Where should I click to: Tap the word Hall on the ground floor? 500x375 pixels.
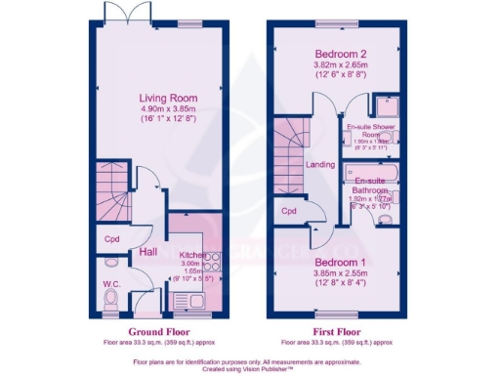coord(148,253)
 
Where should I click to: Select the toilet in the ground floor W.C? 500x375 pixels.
coord(111,297)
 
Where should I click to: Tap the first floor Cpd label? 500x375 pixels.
coord(288,211)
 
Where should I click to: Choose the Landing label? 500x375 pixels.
coord(317,165)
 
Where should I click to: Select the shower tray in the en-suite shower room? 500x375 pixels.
coord(387,106)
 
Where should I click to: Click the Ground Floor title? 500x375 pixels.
coord(150,331)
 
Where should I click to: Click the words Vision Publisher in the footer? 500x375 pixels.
coord(274,369)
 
